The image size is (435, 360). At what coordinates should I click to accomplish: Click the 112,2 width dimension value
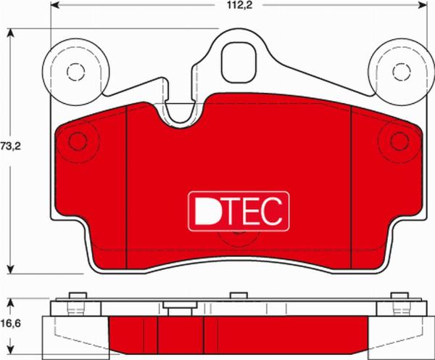[240, 5]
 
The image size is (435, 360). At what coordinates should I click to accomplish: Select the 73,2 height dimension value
[11, 146]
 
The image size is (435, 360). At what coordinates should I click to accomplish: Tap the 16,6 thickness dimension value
[11, 323]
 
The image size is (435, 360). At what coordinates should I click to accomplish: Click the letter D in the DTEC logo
[207, 211]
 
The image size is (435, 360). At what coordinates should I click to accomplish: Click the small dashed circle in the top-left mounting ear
[75, 72]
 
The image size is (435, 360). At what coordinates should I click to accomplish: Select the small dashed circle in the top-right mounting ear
[401, 72]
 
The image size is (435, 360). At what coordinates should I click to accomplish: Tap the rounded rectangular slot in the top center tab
[238, 62]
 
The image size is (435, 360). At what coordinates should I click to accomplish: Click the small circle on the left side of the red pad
[78, 142]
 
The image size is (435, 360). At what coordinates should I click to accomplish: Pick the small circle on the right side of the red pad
[399, 142]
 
